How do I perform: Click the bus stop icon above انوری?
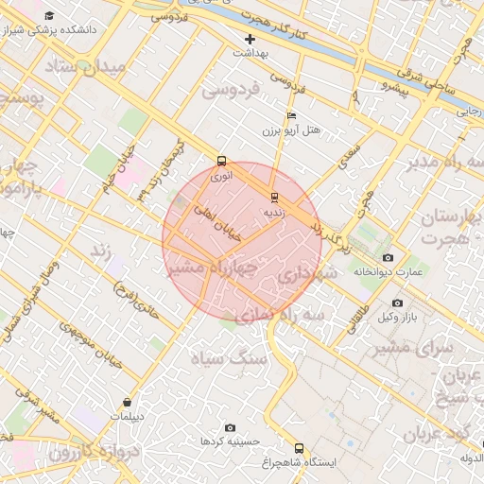pyautogui.click(x=222, y=161)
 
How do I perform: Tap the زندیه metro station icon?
pyautogui.click(x=274, y=198)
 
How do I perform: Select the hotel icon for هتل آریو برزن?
pyautogui.click(x=291, y=114)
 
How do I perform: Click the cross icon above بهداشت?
pyautogui.click(x=250, y=39)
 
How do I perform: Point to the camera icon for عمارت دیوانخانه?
pyautogui.click(x=388, y=257)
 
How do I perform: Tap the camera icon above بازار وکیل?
pyautogui.click(x=396, y=302)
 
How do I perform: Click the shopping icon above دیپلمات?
pyautogui.click(x=127, y=403)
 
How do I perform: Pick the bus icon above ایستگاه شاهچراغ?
pyautogui.click(x=300, y=448)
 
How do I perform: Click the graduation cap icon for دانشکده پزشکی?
pyautogui.click(x=49, y=15)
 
